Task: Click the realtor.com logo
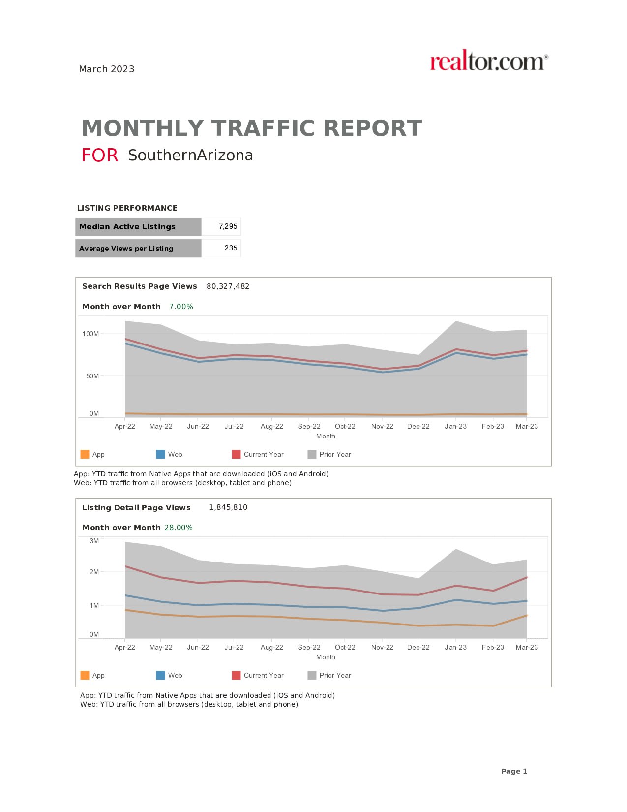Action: tap(488, 62)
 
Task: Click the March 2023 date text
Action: tap(107, 69)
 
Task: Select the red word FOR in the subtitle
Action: tap(100, 156)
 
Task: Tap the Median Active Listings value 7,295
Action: tap(228, 227)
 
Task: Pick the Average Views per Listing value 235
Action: tap(231, 249)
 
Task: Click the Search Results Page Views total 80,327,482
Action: tap(228, 286)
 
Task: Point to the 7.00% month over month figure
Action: tap(181, 307)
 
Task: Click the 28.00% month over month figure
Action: tap(179, 528)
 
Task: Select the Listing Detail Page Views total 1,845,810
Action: tap(228, 507)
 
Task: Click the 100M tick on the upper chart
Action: tap(90, 334)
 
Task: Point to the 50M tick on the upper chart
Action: tap(92, 376)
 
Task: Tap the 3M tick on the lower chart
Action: tap(94, 541)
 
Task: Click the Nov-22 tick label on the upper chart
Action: tap(382, 427)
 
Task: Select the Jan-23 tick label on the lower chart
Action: tap(455, 648)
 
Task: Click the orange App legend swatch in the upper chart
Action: tap(85, 454)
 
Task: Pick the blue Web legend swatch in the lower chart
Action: tap(160, 675)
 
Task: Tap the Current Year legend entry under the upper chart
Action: tap(263, 455)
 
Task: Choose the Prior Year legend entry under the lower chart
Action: tap(335, 676)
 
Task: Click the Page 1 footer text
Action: tap(514, 771)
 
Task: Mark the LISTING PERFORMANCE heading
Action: tap(127, 208)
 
